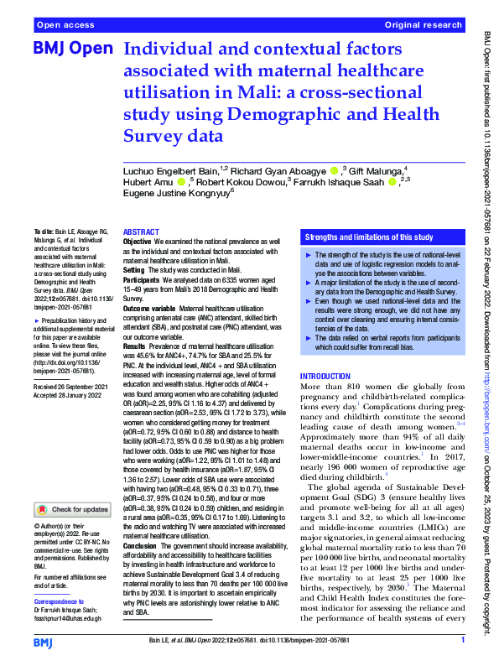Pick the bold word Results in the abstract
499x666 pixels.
point(136,345)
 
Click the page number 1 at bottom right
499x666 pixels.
point(463,641)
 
